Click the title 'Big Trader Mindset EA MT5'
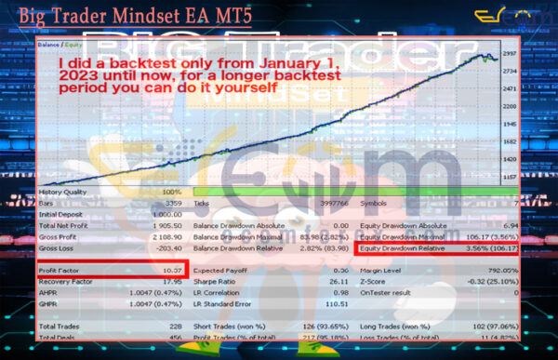click(135, 15)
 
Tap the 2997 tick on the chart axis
click(509, 54)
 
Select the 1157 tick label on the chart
click(509, 176)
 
